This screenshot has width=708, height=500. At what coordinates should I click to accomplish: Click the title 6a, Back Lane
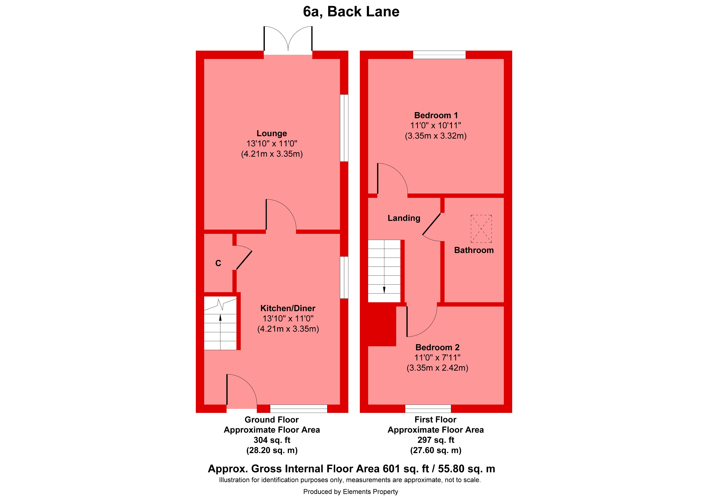[351, 12]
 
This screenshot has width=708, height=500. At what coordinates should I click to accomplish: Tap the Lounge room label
[272, 133]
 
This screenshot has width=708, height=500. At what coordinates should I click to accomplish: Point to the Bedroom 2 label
[437, 347]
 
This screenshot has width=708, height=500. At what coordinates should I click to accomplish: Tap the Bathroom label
[474, 250]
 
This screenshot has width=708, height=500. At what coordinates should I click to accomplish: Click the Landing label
[404, 218]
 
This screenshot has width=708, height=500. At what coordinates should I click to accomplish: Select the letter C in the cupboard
[218, 263]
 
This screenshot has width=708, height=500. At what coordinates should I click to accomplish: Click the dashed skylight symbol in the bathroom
[481, 229]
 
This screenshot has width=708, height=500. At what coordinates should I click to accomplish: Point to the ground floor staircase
[220, 324]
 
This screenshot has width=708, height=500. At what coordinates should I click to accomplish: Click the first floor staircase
[384, 271]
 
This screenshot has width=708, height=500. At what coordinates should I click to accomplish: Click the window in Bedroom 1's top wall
[439, 55]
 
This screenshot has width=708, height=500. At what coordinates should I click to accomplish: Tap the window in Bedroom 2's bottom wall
[428, 408]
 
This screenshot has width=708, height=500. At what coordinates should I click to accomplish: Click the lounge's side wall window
[344, 128]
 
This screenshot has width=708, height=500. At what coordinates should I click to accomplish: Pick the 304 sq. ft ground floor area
[272, 440]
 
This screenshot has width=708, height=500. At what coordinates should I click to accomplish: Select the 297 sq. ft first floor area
[435, 440]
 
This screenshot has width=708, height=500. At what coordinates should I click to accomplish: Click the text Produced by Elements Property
[351, 492]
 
